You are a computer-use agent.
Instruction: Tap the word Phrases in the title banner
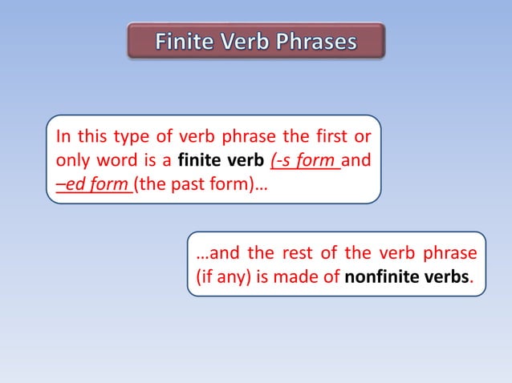(316, 41)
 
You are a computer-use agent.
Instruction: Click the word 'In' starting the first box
(62, 135)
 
